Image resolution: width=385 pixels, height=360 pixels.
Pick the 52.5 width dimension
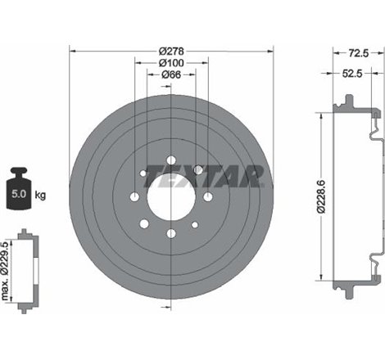coord(355,74)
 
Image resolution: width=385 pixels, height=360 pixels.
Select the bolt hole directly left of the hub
coord(134,197)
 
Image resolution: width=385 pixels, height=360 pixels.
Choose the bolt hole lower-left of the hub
coord(144,223)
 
